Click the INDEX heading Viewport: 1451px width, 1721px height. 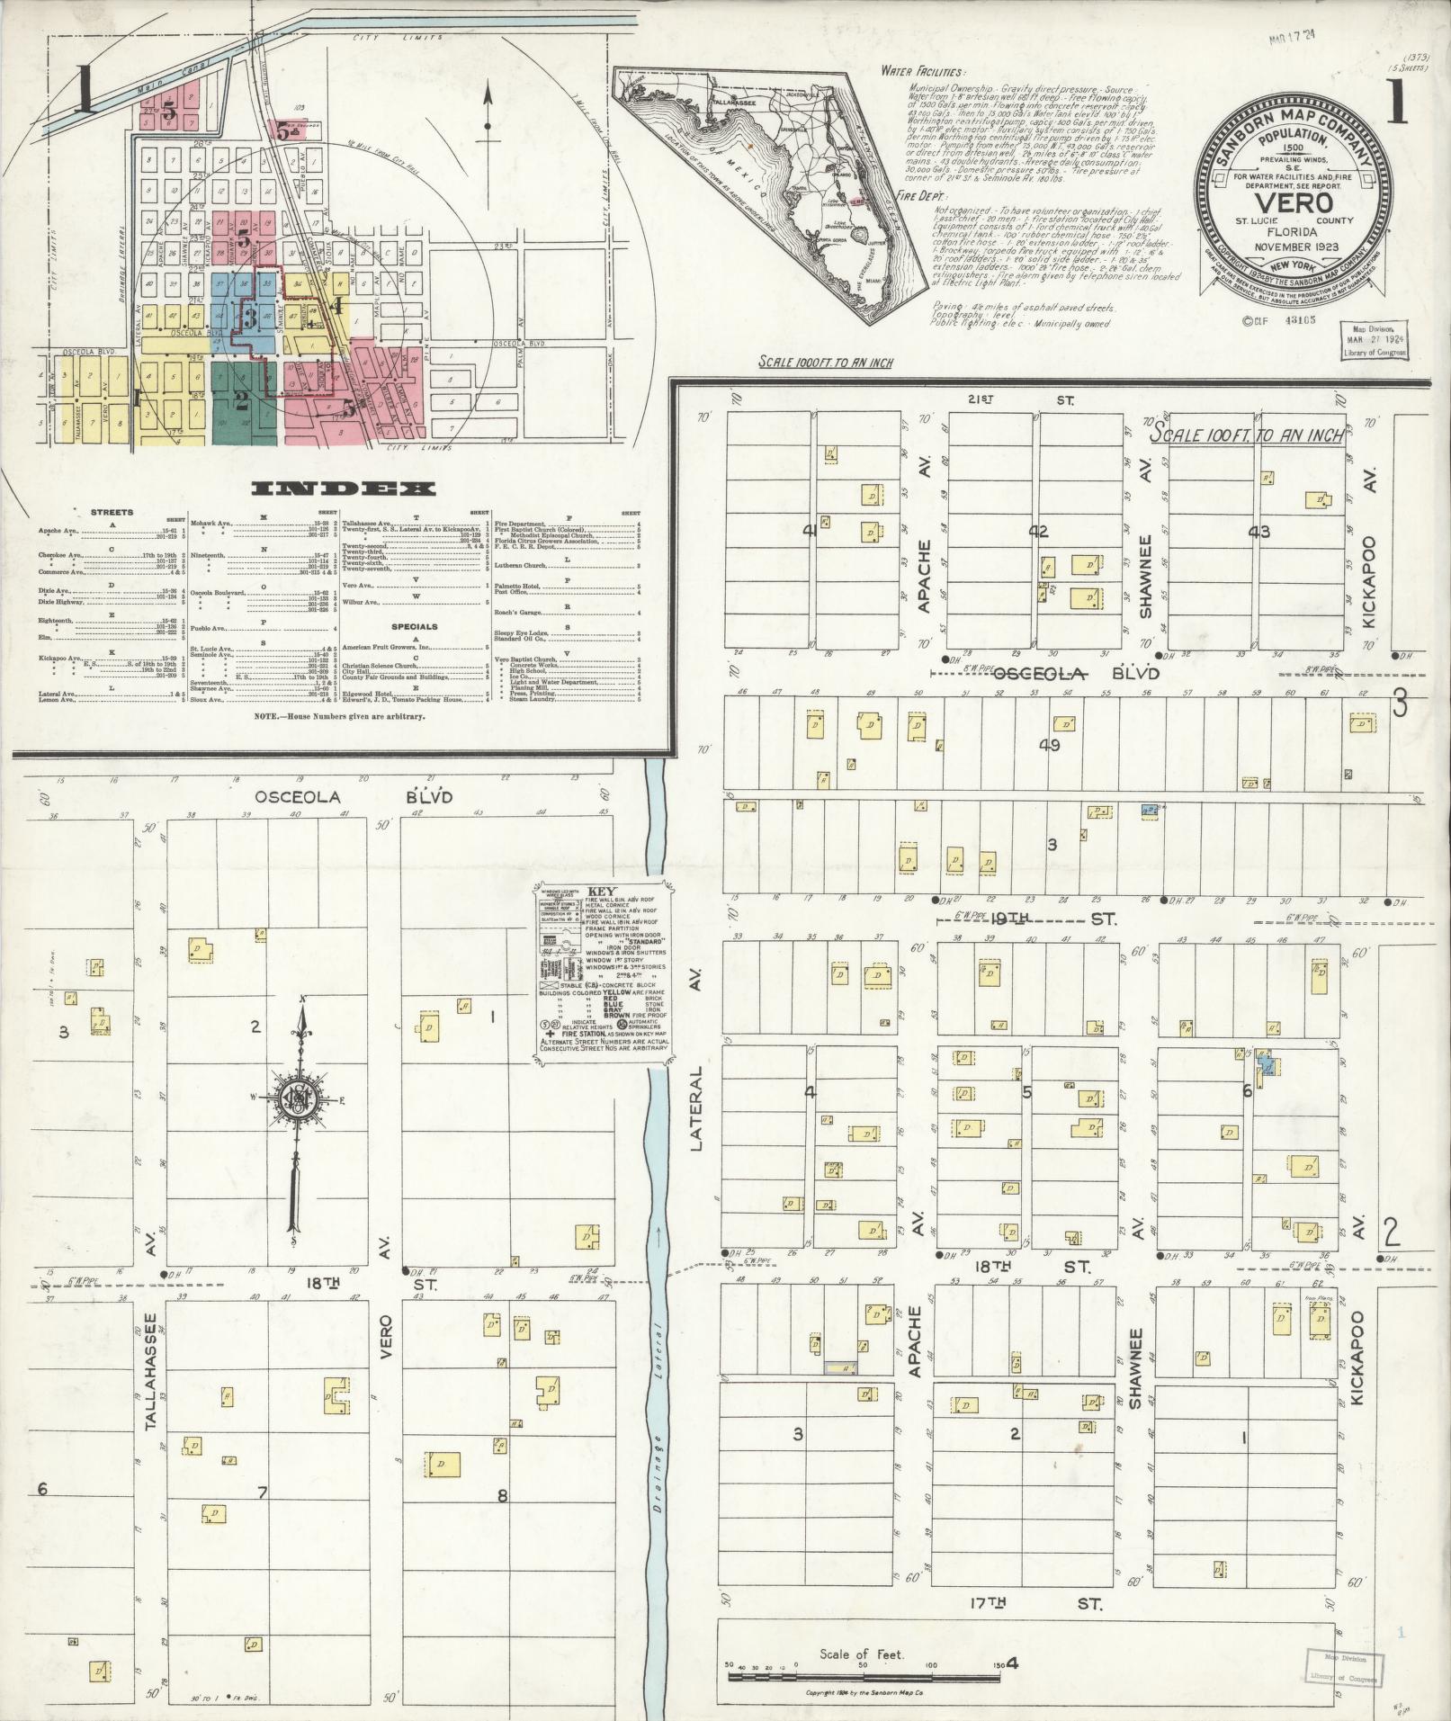(343, 489)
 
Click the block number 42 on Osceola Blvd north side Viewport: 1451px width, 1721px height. (1038, 532)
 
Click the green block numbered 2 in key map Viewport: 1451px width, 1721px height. (241, 402)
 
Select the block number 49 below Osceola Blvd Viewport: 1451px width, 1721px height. (1049, 745)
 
